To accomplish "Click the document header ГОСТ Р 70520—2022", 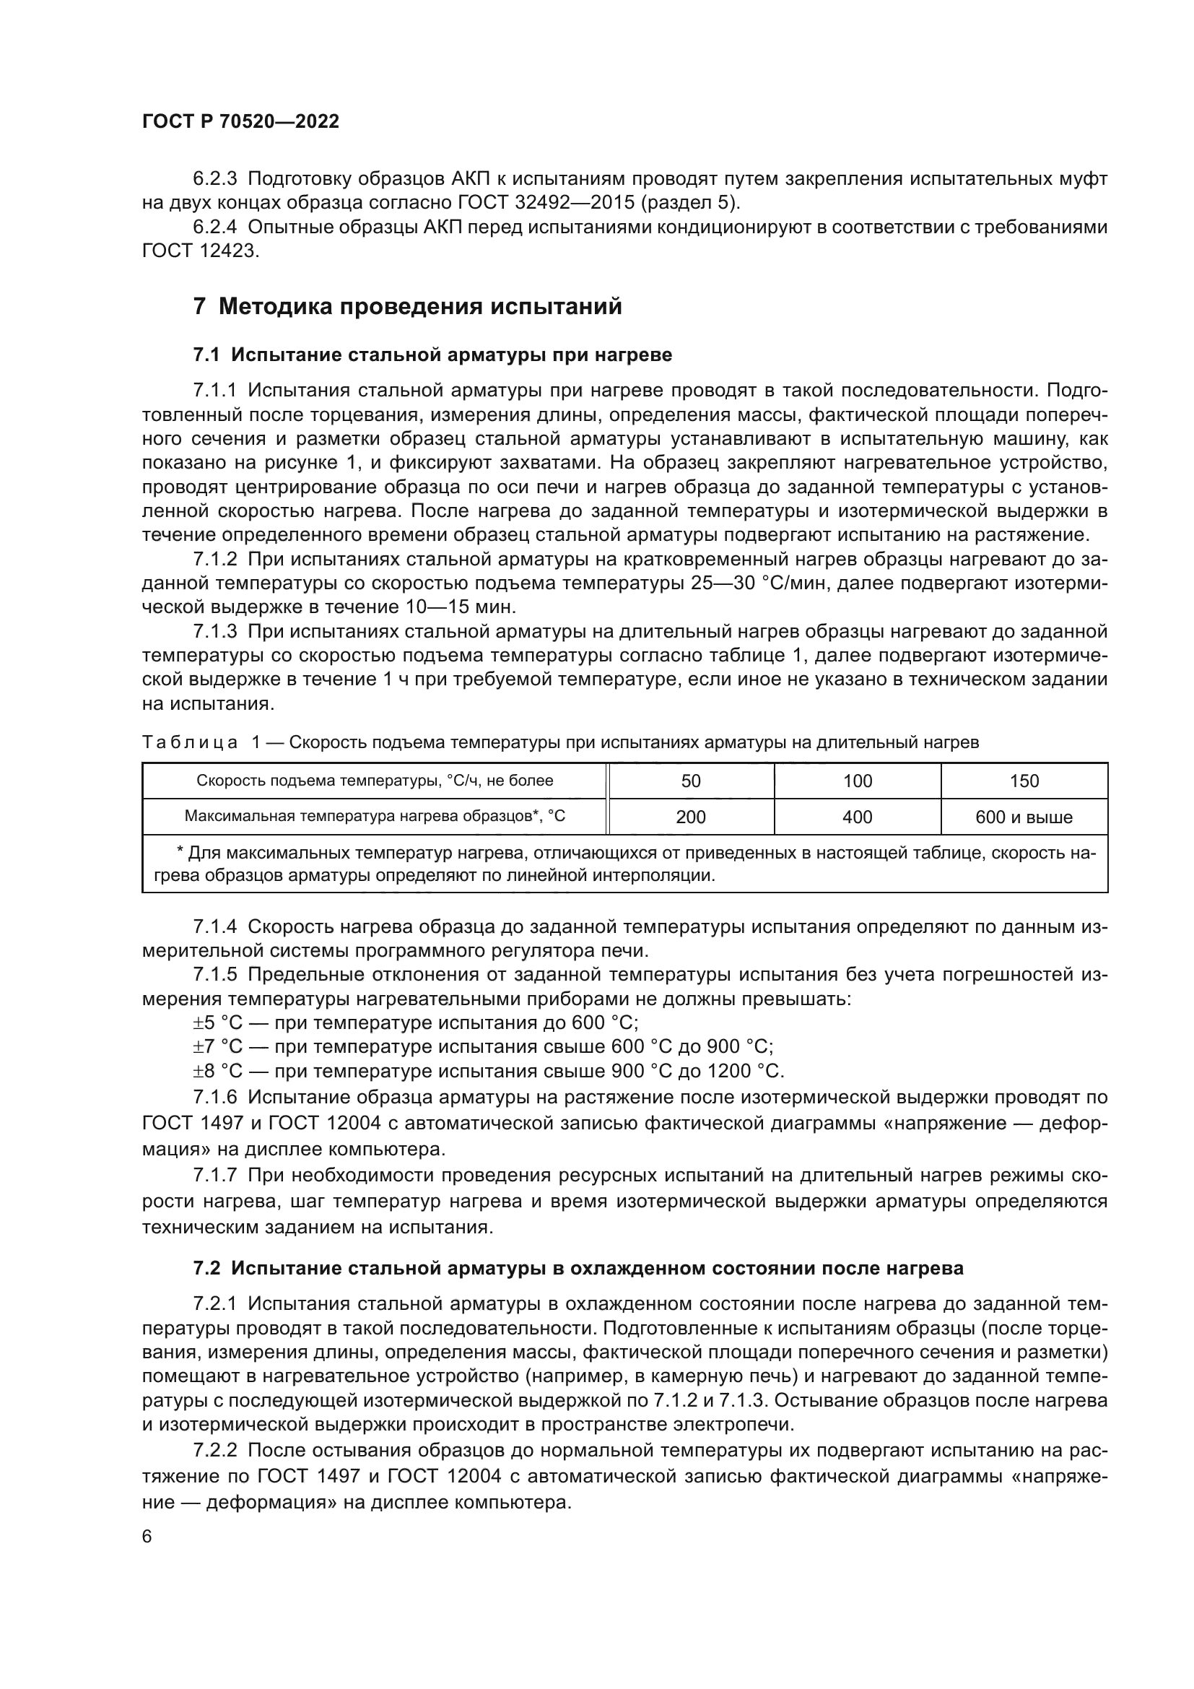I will tap(240, 121).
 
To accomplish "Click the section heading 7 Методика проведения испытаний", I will tap(407, 305).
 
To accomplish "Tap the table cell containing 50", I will tap(690, 781).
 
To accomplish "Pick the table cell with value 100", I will tap(858, 781).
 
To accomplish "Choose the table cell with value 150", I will tap(1024, 781).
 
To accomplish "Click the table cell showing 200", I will tap(690, 817).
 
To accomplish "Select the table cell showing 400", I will tap(858, 817).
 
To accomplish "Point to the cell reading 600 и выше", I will tap(1024, 817).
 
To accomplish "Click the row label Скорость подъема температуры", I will tap(374, 781).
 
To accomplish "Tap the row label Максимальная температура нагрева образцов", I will tap(374, 816).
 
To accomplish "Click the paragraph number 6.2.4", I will tap(215, 227).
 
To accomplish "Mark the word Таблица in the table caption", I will tap(191, 742).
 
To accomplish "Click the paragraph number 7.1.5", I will tap(215, 975).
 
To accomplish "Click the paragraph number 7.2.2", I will tap(215, 1451).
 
